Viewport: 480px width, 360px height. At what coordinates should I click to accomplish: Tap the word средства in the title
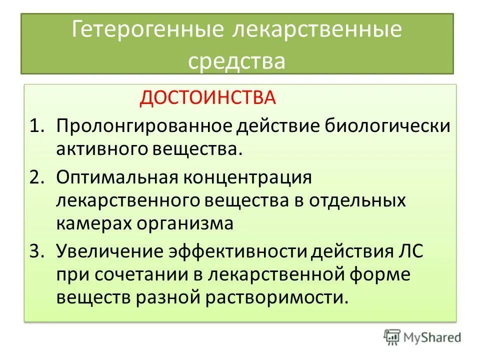[236, 61]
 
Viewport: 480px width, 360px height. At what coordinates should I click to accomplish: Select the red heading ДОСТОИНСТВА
[207, 97]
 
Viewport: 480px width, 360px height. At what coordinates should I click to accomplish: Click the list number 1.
[37, 125]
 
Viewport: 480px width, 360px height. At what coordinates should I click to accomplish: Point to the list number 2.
[37, 177]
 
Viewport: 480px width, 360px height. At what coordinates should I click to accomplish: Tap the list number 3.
[37, 251]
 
